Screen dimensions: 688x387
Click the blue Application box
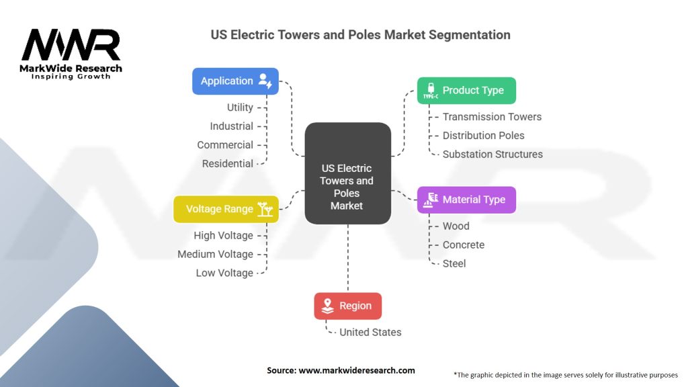[235, 81]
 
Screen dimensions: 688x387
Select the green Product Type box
[466, 91]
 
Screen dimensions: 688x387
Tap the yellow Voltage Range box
[226, 210]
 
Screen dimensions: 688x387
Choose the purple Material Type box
[466, 200]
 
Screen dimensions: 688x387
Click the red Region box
[347, 306]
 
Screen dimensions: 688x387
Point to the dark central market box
[347, 173]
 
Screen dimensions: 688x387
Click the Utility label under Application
[240, 107]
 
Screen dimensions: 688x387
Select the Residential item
[227, 164]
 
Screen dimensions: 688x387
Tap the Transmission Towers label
[492, 117]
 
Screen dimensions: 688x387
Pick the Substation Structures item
[492, 155]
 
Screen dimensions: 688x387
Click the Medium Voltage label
[215, 255]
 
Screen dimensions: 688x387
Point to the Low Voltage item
[224, 273]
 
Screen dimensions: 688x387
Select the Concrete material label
[464, 245]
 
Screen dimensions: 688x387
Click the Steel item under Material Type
[454, 263]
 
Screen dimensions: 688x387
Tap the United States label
[370, 333]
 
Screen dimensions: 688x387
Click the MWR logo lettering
[71, 45]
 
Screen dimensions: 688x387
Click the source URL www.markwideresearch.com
[357, 370]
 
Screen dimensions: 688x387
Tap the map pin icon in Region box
[327, 306]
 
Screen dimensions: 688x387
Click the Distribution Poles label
[483, 136]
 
